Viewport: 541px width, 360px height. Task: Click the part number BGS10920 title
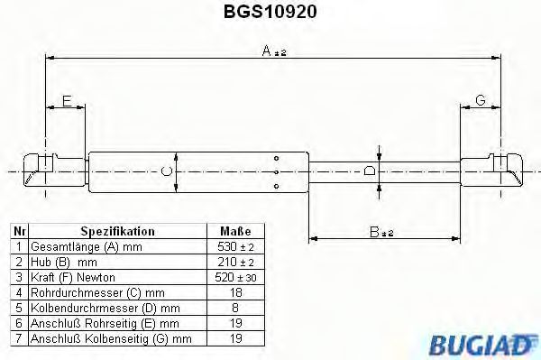[x=270, y=13]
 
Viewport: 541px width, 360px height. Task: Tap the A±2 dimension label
[x=273, y=52]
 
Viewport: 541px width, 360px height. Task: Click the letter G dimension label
[x=481, y=100]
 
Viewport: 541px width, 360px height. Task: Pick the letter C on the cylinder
[x=165, y=171]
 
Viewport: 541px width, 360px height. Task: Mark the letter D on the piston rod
[x=369, y=171]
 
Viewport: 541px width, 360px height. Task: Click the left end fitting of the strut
[x=41, y=170]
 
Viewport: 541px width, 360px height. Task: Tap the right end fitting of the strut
[x=492, y=170]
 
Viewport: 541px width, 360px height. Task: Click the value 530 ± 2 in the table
[x=235, y=245]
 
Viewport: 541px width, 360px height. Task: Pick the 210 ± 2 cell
[x=235, y=261]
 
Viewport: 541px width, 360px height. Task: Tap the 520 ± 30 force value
[x=235, y=276]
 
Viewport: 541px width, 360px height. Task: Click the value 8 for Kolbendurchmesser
[x=235, y=308]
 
